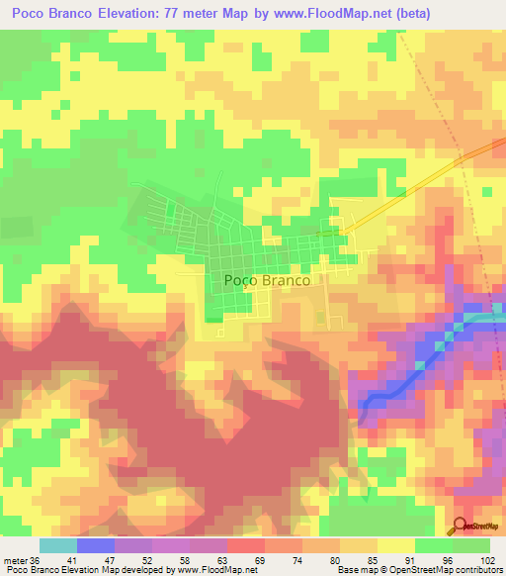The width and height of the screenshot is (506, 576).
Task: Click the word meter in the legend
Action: coord(17,558)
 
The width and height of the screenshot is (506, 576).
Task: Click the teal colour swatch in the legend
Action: coord(58,545)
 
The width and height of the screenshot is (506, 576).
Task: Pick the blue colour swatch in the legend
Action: coord(96,545)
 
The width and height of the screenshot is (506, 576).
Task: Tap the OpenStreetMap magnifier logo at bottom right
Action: coord(461,527)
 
